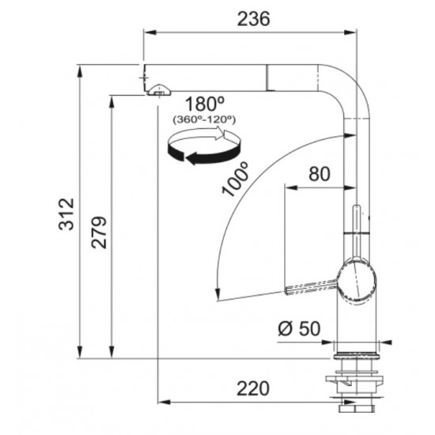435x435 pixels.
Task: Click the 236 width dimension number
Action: coord(253,19)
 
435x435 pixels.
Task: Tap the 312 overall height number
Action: coord(66,214)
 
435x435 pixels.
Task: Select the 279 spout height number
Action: coord(99,233)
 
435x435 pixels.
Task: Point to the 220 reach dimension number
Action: coord(253,388)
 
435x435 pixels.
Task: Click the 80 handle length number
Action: coord(320,174)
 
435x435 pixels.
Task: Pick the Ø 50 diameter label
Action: coord(299,329)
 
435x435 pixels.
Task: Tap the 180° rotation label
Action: coord(205,104)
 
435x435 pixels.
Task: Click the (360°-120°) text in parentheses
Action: coord(204,120)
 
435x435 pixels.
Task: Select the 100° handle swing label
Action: coord(235,180)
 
